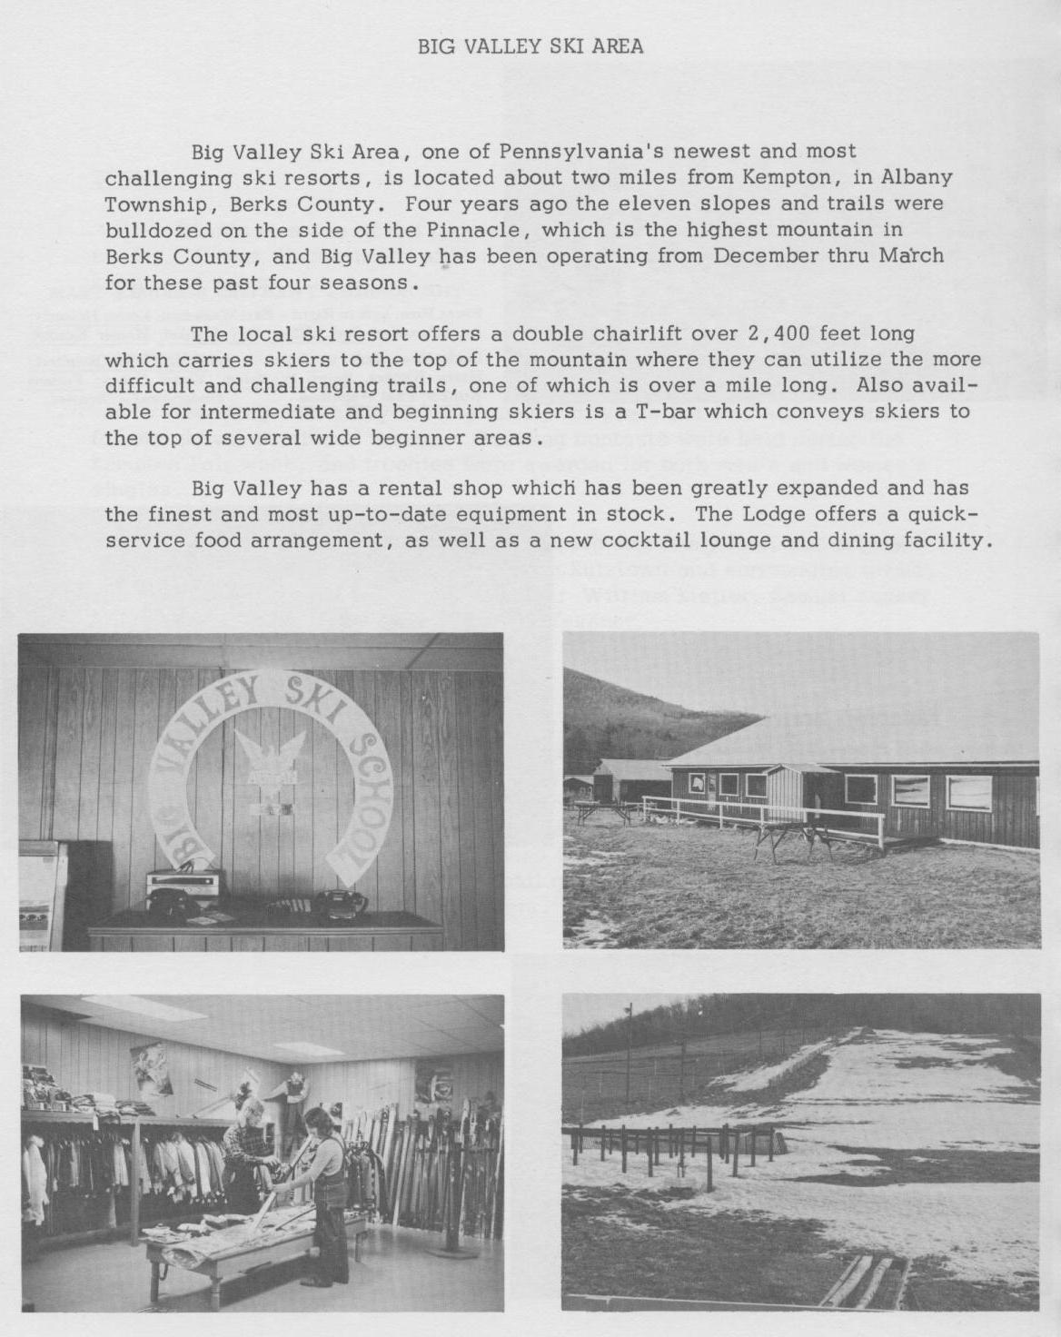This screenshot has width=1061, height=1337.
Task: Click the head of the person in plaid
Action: click(248, 1110)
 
